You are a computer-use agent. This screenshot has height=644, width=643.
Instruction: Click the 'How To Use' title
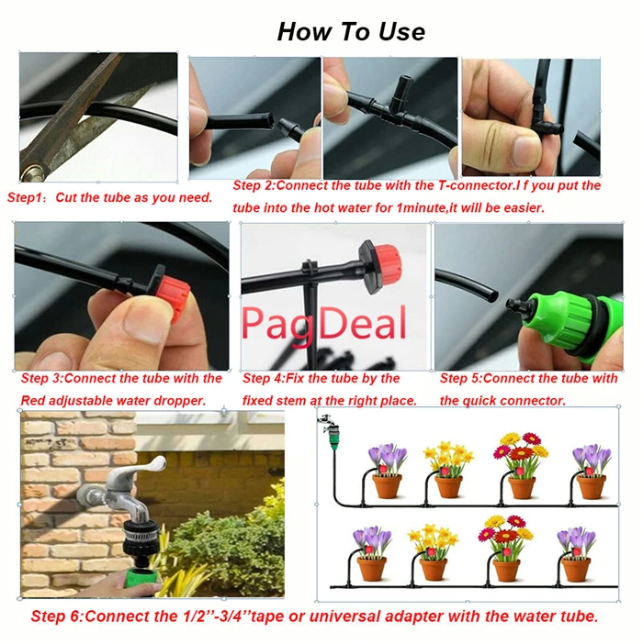tap(351, 31)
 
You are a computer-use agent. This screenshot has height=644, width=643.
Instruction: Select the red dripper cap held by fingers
tap(174, 297)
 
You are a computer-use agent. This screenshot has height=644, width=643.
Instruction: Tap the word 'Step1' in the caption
tap(24, 197)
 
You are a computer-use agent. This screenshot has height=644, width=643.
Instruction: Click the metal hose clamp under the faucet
tap(141, 533)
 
